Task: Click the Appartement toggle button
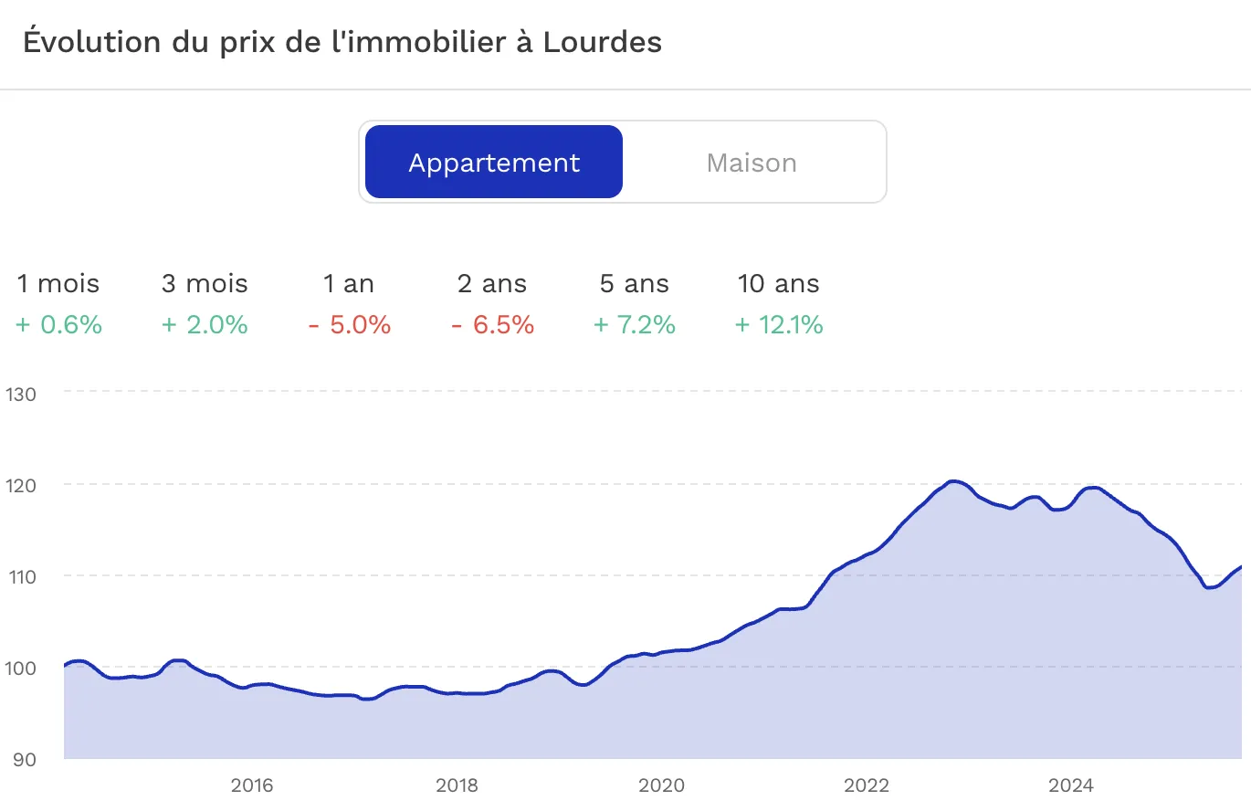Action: click(494, 163)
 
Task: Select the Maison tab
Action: click(752, 163)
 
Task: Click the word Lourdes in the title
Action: click(602, 42)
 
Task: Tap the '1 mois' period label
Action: click(58, 284)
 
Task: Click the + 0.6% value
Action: click(58, 325)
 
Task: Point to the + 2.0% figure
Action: click(205, 325)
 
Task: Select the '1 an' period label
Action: click(349, 284)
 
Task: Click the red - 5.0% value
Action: click(349, 325)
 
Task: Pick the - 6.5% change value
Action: click(492, 325)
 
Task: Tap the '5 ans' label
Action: click(635, 284)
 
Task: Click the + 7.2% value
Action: click(635, 325)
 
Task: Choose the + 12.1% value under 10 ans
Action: click(779, 325)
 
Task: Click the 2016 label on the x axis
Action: click(252, 785)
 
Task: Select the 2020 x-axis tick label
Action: click(661, 785)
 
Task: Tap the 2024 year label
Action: click(1070, 785)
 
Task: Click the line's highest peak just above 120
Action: click(953, 481)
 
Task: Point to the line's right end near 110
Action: click(1240, 568)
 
